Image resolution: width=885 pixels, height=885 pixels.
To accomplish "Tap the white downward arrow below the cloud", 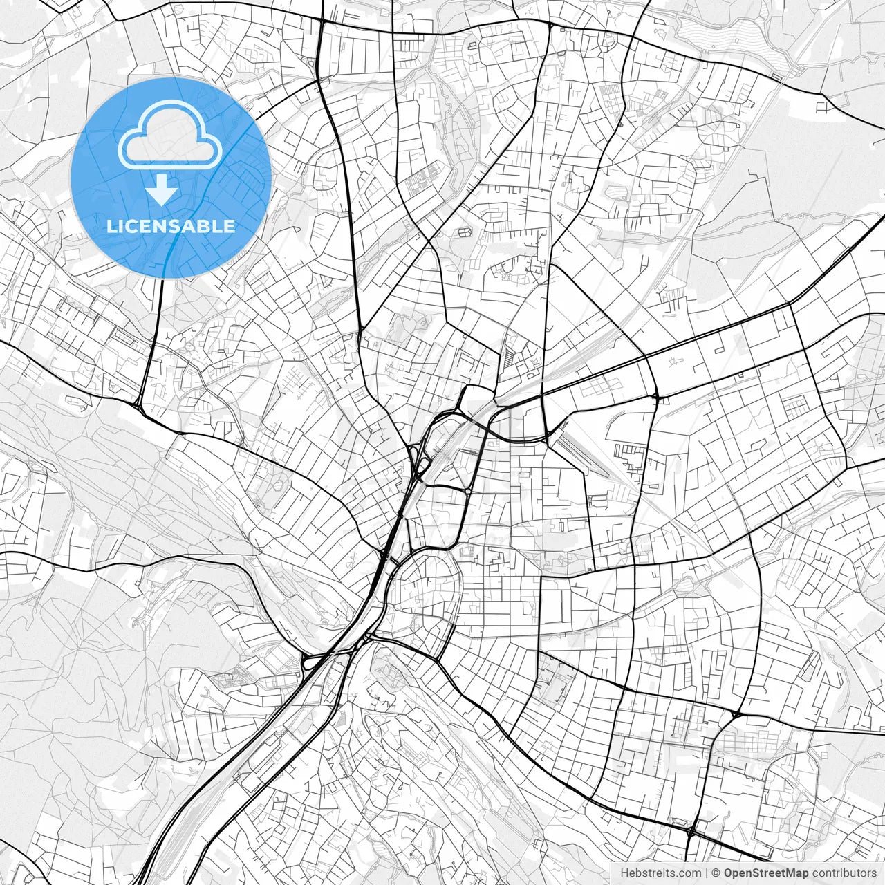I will point(162,189).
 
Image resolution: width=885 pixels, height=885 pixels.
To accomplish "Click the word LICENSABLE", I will point(171,226).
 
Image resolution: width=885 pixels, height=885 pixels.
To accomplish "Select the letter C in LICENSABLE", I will point(129,226).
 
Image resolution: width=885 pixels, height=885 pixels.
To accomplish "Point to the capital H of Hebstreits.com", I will point(624,873).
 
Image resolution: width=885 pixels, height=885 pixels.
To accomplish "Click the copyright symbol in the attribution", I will point(717,873).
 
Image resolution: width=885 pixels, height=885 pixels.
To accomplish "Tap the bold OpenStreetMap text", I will point(766,873).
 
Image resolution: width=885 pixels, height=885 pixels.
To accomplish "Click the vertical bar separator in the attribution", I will point(707,873).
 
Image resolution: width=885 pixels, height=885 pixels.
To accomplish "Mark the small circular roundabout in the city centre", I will point(468,491).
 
